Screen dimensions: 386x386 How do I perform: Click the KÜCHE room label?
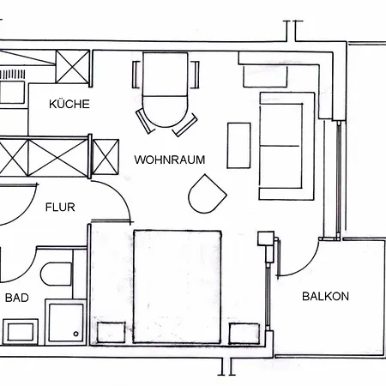tap(69, 104)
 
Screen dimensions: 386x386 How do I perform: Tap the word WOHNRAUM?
tap(170, 160)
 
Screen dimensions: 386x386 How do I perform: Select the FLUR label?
tap(60, 207)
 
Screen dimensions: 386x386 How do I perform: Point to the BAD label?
tap(17, 298)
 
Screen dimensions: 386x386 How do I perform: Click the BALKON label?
tap(325, 296)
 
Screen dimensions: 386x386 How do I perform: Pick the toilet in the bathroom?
tap(56, 274)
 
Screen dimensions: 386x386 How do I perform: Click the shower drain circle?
tap(75, 334)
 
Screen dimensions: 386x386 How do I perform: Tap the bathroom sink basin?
tap(21, 332)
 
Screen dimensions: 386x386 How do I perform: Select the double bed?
tap(178, 286)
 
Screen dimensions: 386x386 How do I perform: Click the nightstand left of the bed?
tap(111, 333)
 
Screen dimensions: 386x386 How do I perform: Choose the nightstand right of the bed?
tap(244, 334)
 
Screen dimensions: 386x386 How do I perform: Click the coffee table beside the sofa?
tap(238, 146)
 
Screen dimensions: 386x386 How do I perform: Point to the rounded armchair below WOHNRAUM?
tap(207, 194)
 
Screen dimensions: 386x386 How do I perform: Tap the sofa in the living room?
tap(286, 146)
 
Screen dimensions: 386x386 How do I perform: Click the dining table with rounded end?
tap(166, 90)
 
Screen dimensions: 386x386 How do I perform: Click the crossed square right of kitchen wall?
tap(106, 157)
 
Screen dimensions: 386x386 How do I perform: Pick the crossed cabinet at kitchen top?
tap(72, 67)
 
